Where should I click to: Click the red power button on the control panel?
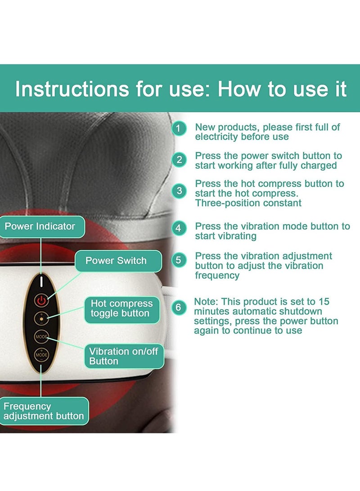pos(41,300)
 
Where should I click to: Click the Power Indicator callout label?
pos(40,226)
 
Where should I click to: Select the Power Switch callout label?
pos(116,261)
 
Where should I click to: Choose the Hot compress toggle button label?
pos(122,308)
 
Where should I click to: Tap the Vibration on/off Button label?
pos(124,356)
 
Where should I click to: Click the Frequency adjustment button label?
pos(44,411)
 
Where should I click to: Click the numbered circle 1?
pos(179,129)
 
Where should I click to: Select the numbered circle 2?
pos(179,160)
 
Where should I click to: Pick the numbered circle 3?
pos(179,190)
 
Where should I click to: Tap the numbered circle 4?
pos(179,228)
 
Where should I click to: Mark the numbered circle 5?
pos(179,260)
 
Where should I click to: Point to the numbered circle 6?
pos(179,307)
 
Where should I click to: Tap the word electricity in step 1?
pos(217,136)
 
